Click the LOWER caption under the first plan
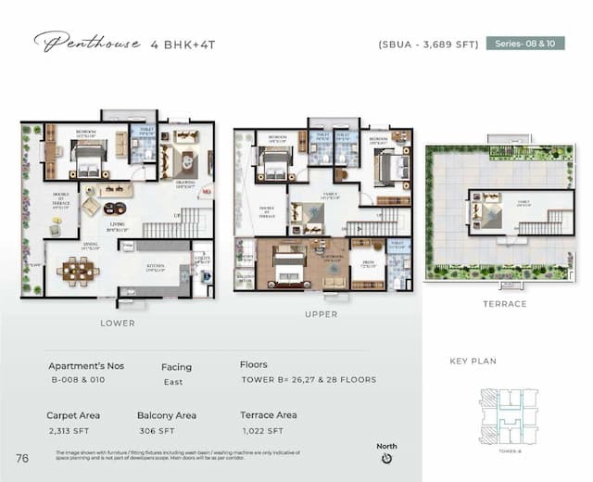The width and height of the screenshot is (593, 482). coord(118,323)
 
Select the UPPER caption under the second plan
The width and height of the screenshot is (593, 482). coord(321,314)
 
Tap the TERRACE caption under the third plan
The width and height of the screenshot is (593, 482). coord(504,304)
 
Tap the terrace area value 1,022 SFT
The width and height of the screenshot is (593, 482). coord(263,431)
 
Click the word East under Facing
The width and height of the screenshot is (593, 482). coord(173,382)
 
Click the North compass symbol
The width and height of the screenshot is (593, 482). coord(387,457)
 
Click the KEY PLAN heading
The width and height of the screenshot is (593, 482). coord(473,361)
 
